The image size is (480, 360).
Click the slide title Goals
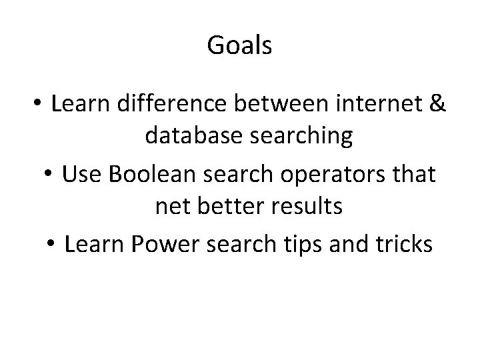[239, 46]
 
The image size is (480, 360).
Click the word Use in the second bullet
[81, 175]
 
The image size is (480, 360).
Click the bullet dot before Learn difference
[39, 105]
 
